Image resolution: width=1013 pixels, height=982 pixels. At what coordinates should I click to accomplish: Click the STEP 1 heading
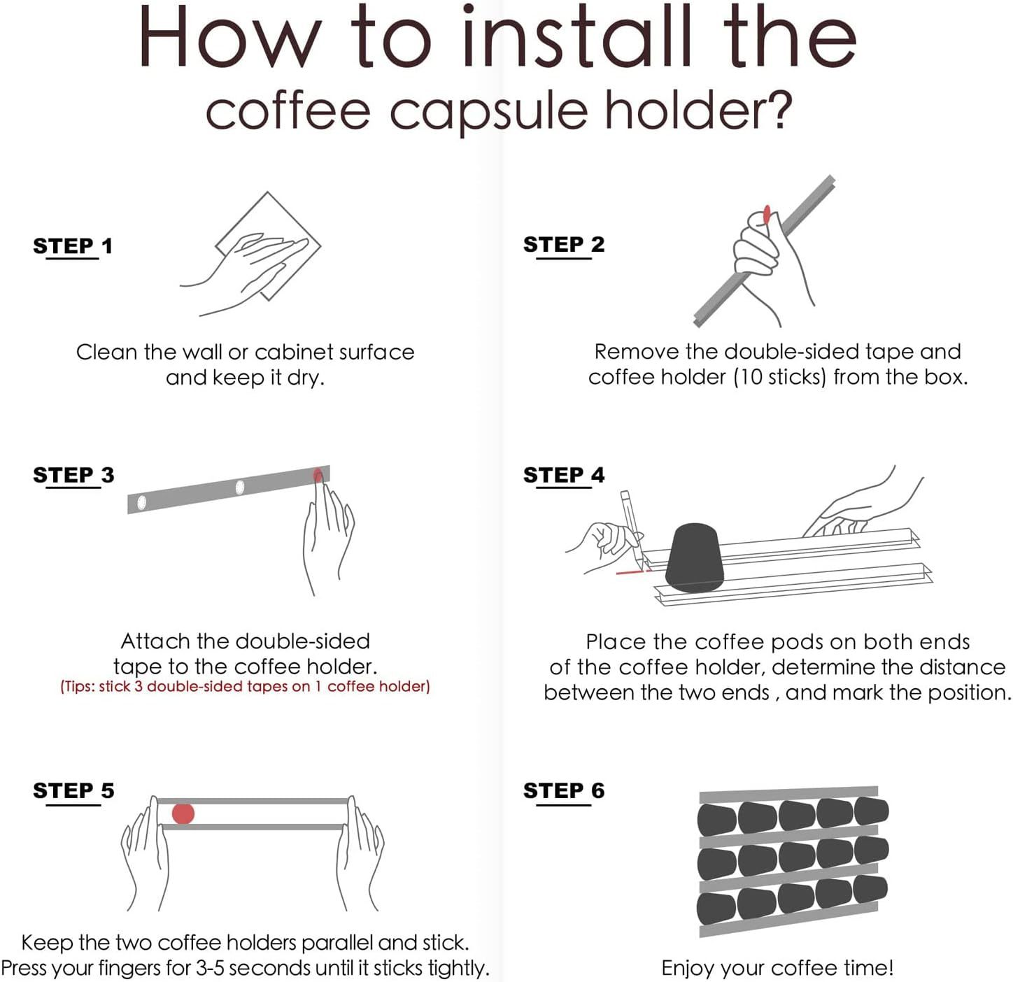coord(73,246)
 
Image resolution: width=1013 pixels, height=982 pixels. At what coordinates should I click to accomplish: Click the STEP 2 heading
coord(564,245)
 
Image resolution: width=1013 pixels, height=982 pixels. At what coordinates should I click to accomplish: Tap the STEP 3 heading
coord(73,475)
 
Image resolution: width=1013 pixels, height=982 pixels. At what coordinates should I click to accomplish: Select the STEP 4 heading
coord(564,475)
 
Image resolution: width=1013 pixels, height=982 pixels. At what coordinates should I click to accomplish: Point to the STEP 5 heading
coord(73,790)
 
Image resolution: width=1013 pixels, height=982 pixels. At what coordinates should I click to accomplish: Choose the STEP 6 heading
coord(564,790)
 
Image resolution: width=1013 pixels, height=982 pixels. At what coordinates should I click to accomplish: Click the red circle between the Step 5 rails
coord(183,813)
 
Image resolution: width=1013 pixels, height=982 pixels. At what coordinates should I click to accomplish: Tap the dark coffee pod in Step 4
coord(695,557)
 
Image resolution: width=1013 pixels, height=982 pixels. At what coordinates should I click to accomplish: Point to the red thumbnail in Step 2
coord(766,215)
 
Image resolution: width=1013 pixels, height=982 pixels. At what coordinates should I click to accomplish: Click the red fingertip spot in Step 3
coord(318,475)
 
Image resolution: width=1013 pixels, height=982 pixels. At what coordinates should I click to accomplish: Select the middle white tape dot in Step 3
coord(240,487)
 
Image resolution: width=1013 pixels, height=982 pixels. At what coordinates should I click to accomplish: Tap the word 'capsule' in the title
coord(488,113)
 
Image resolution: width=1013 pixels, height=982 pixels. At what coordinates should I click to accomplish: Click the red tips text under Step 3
coord(245,686)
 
